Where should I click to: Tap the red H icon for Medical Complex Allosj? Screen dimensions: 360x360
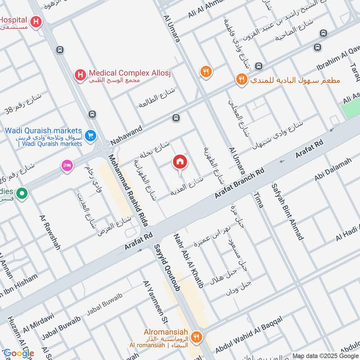(80, 74)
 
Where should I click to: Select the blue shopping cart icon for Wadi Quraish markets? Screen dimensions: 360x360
(91, 135)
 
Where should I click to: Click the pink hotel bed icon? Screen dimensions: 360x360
(67, 166)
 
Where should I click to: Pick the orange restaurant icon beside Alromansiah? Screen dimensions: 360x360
(196, 337)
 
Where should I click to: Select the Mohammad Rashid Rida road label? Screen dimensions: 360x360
(131, 189)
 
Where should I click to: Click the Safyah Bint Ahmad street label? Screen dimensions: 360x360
(287, 211)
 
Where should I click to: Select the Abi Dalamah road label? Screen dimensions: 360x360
(333, 171)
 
